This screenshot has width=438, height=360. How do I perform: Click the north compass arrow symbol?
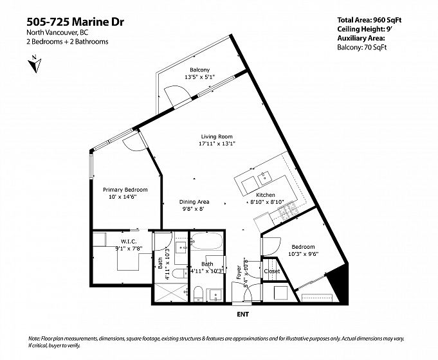35,64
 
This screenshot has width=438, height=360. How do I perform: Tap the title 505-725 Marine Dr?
75,22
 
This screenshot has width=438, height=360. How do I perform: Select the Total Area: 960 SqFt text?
369,20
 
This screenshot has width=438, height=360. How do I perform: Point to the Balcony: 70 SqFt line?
361,47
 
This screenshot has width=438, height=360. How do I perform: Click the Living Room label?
217,136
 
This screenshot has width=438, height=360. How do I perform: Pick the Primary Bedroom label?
125,190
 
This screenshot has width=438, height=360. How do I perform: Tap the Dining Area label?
194,202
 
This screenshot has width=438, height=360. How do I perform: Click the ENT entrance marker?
242,314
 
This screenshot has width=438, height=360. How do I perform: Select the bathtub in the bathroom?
206,241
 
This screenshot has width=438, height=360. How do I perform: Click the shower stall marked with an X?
171,292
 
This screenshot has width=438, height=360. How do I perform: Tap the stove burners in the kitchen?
288,210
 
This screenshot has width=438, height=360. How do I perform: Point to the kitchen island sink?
264,178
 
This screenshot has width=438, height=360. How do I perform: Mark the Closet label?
272,271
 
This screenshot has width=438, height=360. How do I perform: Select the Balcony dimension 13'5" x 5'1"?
199,76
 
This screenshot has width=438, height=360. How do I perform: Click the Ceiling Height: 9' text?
365,29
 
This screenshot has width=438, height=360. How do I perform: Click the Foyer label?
239,273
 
